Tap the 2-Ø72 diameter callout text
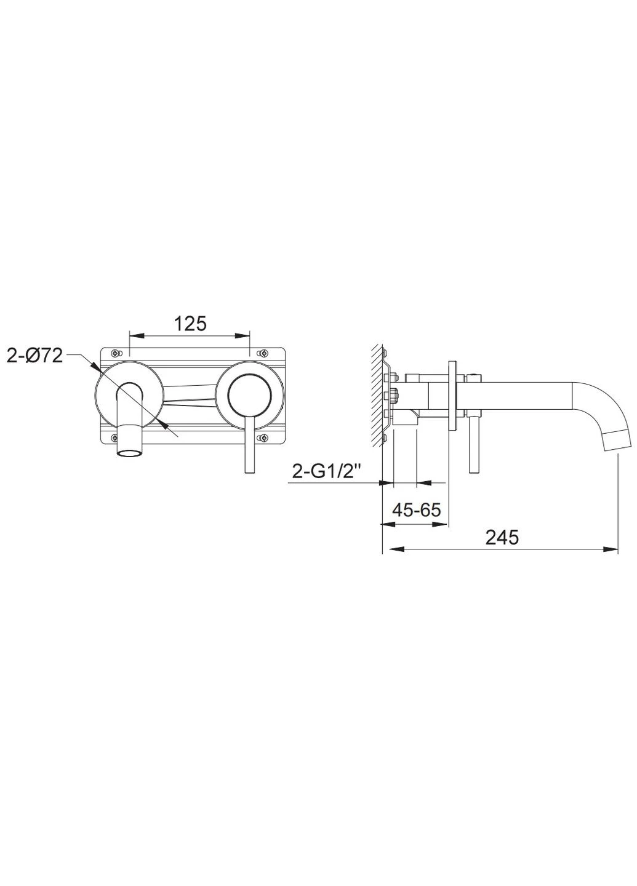pos(35,356)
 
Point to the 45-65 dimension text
pos(416,510)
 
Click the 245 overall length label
pos(502,537)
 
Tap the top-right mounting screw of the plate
pos(263,352)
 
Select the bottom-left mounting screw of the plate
pos(114,437)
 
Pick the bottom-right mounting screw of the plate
pos(263,437)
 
